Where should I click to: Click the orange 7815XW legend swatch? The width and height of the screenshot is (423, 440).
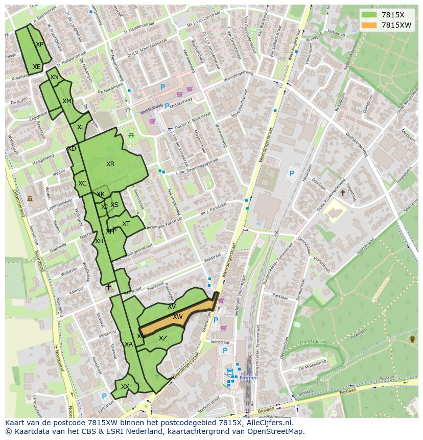point(368,25)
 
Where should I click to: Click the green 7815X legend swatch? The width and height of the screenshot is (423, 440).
point(368,14)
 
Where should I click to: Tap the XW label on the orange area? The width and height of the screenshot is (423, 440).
point(177,317)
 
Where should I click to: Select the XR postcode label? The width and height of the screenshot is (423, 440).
point(110,164)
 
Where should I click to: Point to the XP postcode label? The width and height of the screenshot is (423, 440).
point(39,44)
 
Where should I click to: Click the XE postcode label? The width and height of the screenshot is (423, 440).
point(36,67)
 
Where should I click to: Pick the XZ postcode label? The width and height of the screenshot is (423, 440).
point(162,338)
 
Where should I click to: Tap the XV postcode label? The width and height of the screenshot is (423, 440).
point(172,307)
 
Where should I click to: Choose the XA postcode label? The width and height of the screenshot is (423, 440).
point(129,344)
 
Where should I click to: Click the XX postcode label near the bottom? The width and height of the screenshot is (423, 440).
point(125,387)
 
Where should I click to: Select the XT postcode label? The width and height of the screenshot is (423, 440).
point(126,224)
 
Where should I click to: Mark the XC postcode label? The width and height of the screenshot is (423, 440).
point(82,183)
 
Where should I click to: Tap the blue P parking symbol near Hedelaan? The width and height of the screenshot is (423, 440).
point(292,174)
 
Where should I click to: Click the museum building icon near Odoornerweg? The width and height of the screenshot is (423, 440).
point(30,198)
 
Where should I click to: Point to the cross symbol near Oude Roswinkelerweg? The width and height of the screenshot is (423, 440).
point(342,193)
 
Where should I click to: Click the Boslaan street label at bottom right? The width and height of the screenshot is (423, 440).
point(348,390)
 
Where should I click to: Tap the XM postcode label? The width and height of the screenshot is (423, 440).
point(67,101)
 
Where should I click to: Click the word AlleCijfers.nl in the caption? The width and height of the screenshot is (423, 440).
point(274,423)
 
